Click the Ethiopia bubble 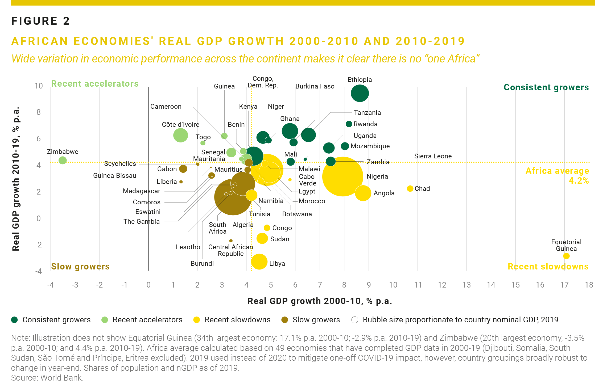point(360,93)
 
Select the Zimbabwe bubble point(63,160)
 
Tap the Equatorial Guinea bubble point(566,256)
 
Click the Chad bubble point(410,188)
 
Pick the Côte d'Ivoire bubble point(180,135)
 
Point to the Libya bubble point(259,262)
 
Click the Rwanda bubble point(349,124)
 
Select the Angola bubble point(363,193)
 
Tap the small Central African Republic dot point(231,241)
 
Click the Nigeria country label point(377,176)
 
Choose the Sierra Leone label point(433,156)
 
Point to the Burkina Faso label point(315,86)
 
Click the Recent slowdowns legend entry point(232,320)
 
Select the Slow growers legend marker point(284,320)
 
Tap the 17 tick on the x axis point(564,285)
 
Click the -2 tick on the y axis point(39,245)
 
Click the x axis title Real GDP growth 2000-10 point(320,301)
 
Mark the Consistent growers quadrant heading point(546,87)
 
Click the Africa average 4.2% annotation point(557,175)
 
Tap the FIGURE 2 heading point(40,21)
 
